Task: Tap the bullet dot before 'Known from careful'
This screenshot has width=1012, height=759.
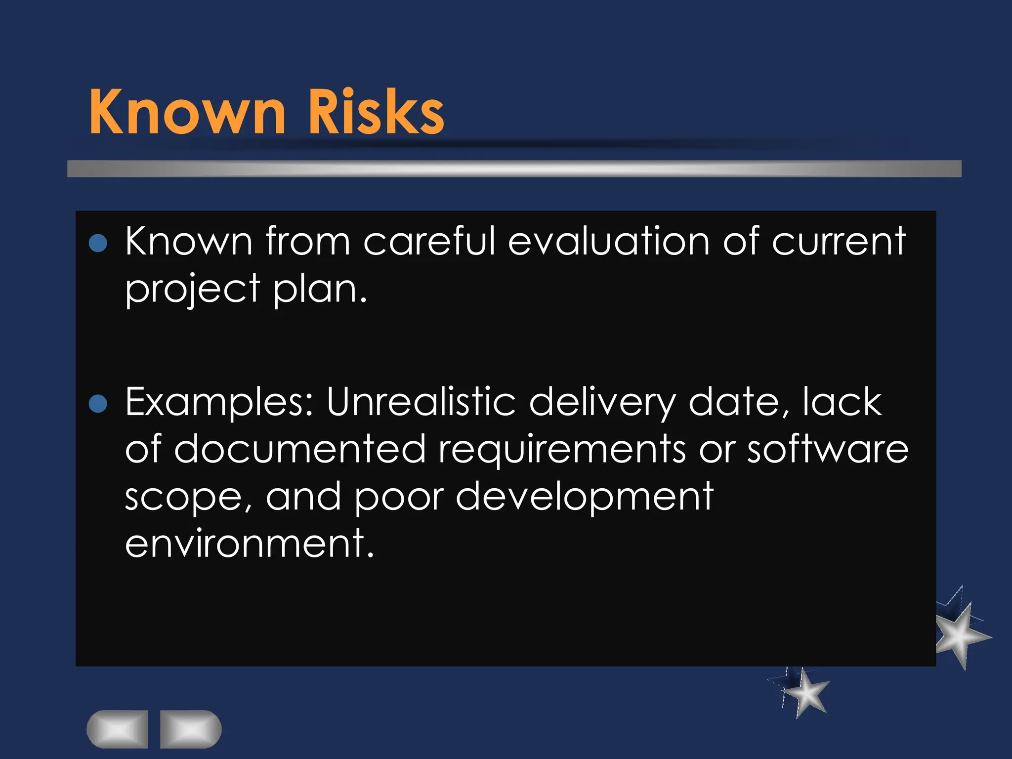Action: pyautogui.click(x=98, y=243)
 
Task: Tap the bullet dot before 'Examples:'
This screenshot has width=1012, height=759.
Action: pyautogui.click(x=98, y=403)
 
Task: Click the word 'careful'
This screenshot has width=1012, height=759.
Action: pyautogui.click(x=429, y=241)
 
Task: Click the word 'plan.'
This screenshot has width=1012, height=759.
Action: pyautogui.click(x=320, y=290)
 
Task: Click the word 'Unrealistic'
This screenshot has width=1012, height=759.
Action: pyautogui.click(x=421, y=401)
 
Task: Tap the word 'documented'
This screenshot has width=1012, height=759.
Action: pyautogui.click(x=300, y=449)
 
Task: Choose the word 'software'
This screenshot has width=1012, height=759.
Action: pyautogui.click(x=827, y=449)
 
